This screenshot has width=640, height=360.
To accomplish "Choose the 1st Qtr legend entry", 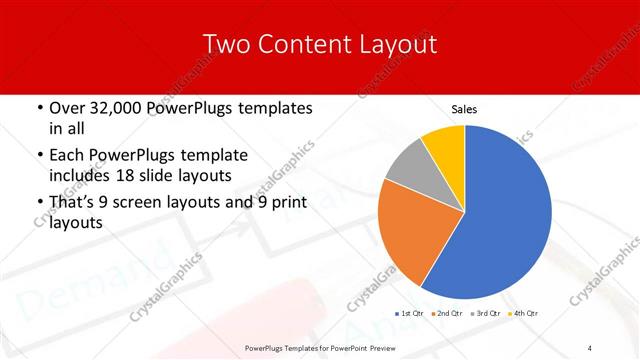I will point(411,314).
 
